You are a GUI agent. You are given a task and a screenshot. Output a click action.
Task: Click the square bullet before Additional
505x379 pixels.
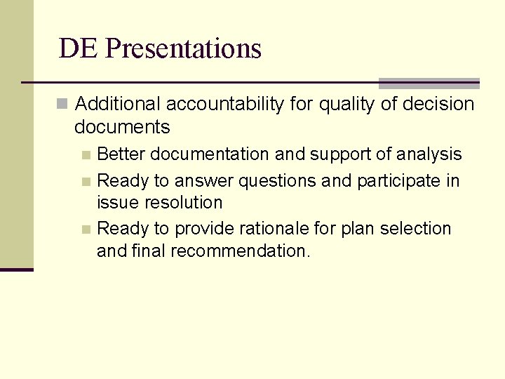click(x=62, y=105)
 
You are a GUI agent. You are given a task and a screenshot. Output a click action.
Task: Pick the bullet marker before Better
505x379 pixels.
click(x=86, y=154)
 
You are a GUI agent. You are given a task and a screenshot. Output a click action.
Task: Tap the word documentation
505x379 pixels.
click(x=210, y=154)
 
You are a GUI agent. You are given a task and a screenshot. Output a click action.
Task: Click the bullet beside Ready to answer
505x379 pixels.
click(x=86, y=182)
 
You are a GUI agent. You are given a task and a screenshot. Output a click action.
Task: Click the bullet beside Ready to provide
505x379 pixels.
click(x=86, y=230)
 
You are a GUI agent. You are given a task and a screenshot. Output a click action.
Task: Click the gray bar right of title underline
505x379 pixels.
click(x=429, y=84)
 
